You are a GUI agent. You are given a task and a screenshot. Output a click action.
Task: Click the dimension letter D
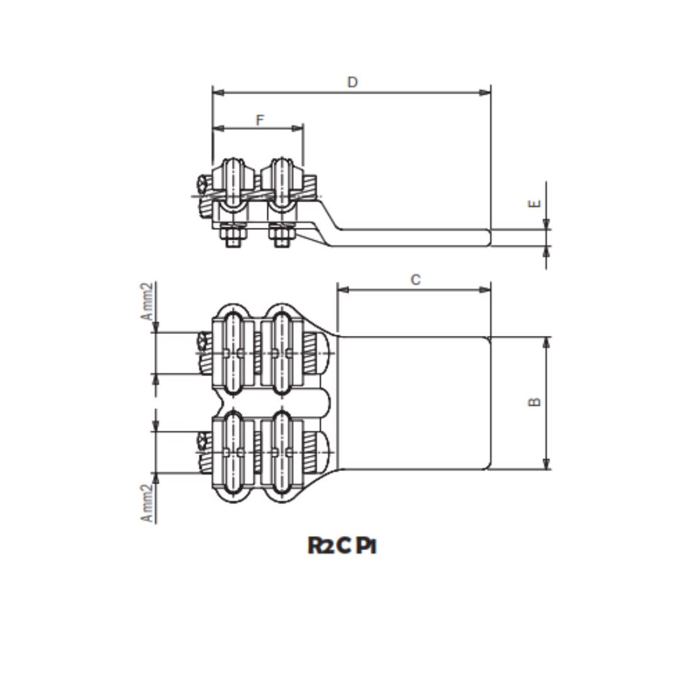point(352,82)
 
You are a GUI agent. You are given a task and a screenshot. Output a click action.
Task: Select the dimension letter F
point(260,120)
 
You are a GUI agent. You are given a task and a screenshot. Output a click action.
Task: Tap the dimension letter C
point(416,280)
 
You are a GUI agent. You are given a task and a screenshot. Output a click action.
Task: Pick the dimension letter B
point(535,402)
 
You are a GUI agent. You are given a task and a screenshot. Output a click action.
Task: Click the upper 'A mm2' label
point(146,301)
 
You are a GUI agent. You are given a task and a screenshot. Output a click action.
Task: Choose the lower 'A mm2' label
point(146,503)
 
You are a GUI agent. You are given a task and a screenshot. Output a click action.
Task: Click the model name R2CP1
point(342,546)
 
